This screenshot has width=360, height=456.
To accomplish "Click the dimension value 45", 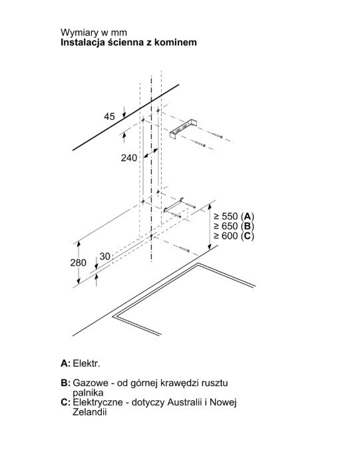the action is [x=109, y=116].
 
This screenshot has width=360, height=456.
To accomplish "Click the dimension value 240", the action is [x=129, y=158].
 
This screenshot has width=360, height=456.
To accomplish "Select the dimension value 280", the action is [x=79, y=262].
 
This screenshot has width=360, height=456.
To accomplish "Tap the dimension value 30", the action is [x=104, y=256].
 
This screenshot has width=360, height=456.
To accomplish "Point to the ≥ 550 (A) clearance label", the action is [x=234, y=216].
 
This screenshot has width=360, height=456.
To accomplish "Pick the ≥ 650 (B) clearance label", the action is [x=234, y=226].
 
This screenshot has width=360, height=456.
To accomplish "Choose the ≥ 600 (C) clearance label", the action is [x=234, y=236].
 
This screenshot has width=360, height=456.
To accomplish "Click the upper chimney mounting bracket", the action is [x=183, y=129].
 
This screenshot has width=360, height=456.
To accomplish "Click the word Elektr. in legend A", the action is [x=87, y=363].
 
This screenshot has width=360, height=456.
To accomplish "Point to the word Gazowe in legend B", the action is [x=90, y=383].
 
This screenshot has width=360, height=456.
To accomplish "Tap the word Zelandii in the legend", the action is [x=90, y=412].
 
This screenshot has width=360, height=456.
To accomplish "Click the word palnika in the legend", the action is [x=88, y=393].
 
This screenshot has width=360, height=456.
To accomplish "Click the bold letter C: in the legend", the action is [x=65, y=402].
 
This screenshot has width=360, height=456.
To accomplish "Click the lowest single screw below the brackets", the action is [x=184, y=249].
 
